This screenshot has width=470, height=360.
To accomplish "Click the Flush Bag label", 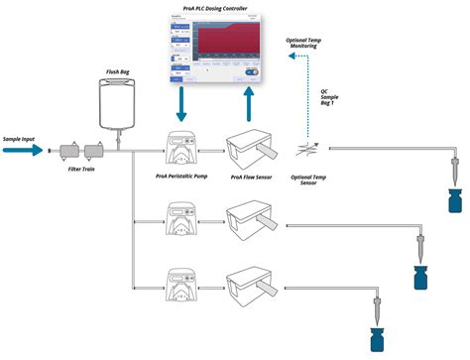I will click(118, 72).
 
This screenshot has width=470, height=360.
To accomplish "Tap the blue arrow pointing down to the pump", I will click(182, 105).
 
